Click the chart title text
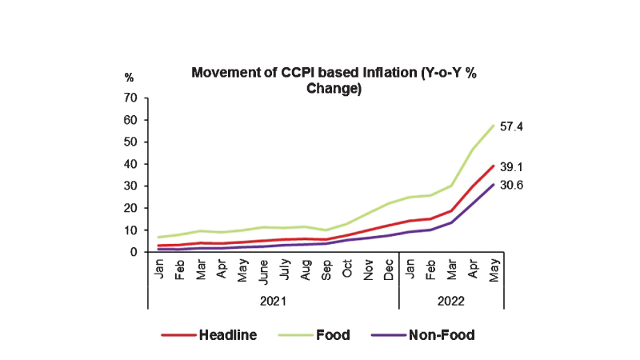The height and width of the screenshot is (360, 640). click(334, 81)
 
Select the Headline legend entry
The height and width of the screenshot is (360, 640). click(227, 335)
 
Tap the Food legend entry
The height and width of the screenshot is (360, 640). click(334, 335)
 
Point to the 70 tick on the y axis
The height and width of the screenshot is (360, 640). click(131, 98)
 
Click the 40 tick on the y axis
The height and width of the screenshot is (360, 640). click(131, 164)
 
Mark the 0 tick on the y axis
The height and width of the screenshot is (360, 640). click(134, 252)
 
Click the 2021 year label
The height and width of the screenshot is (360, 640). click(273, 303)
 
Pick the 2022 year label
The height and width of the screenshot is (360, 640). click(451, 303)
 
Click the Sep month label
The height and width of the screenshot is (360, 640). click(326, 269)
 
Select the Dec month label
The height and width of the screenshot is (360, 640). click(388, 269)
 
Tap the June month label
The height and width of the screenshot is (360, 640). click(264, 272)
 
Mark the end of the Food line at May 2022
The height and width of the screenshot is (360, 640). click(494, 125)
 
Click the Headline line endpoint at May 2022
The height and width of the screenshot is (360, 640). click(494, 166)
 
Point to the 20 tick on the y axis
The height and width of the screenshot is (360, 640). click(131, 208)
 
